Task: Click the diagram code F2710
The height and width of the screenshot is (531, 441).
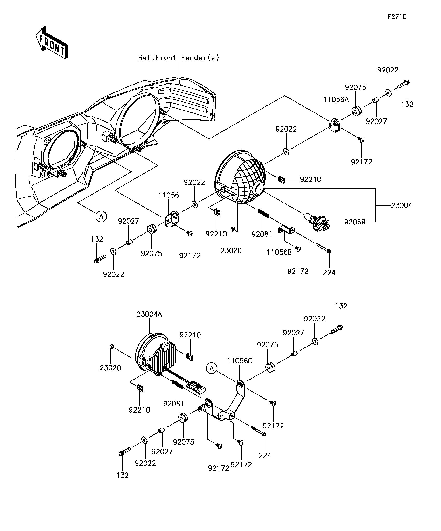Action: point(397,17)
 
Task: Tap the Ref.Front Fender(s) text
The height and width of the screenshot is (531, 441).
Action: point(179,58)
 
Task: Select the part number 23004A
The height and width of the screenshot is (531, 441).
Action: point(149,314)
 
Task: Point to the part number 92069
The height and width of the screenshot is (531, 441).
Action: point(355,222)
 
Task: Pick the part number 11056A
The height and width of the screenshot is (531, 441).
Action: point(336,100)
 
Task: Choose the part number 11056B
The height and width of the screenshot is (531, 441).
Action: point(279,252)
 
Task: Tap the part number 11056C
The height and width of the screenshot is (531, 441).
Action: point(240,361)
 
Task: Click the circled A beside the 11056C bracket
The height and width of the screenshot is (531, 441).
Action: point(212,368)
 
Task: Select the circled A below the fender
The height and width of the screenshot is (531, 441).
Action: point(101,217)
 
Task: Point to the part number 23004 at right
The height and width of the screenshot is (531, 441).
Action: point(401,206)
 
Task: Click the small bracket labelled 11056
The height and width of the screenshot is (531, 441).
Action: point(172,219)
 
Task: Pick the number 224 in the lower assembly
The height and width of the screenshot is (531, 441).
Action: point(265,455)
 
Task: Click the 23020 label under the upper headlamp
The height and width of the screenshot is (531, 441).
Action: point(231,251)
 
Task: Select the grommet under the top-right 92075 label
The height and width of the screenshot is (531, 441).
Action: point(357,111)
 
